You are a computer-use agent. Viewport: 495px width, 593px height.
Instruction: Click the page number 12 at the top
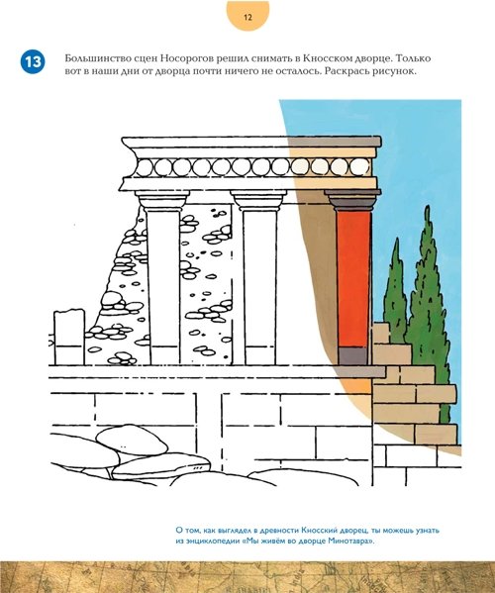click(x=247, y=17)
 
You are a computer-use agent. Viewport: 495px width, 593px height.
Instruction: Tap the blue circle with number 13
click(x=33, y=61)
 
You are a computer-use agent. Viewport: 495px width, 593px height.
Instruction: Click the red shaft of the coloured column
click(x=353, y=279)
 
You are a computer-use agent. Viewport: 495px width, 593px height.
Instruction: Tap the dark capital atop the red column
click(x=352, y=200)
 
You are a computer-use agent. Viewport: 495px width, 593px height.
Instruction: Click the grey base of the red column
click(x=352, y=355)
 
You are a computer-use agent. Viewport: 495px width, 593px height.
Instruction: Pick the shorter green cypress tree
click(x=395, y=291)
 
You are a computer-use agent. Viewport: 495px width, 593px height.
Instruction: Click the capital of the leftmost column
click(x=162, y=199)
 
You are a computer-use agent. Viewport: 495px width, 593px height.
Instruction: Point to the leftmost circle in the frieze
click(x=144, y=167)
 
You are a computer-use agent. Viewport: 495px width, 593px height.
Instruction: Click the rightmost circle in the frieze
click(x=359, y=166)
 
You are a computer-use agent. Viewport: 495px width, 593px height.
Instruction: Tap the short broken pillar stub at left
click(x=69, y=337)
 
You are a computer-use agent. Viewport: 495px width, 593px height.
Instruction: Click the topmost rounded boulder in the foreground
click(x=132, y=439)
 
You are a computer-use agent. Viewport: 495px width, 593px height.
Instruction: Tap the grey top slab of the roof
click(x=251, y=142)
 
